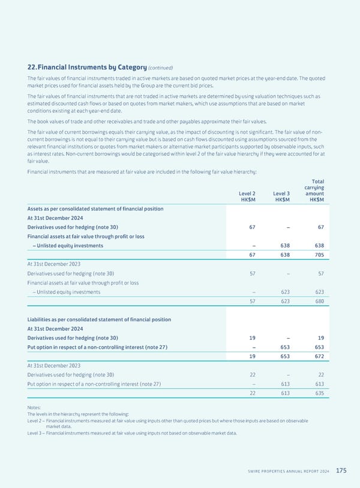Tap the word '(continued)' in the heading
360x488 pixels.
pyautogui.click(x=157, y=68)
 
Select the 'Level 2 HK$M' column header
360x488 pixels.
pyautogui.click(x=246, y=197)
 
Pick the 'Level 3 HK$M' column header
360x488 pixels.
pyautogui.click(x=280, y=197)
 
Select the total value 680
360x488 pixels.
pyautogui.click(x=319, y=302)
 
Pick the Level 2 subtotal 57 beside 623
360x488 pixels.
pyautogui.click(x=253, y=302)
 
